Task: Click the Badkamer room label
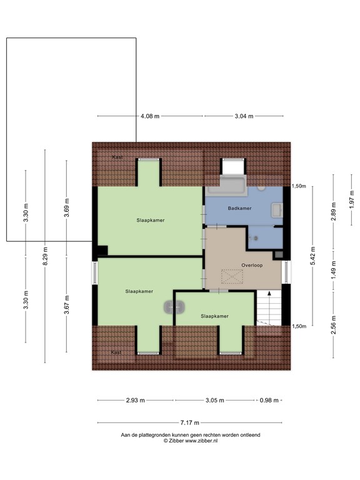tap(240, 208)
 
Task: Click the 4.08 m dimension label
tap(150, 116)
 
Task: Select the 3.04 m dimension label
tap(244, 116)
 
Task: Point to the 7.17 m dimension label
tap(190, 422)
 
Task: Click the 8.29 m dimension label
tap(46, 257)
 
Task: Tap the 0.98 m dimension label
tap(269, 400)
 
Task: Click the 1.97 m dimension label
tap(352, 199)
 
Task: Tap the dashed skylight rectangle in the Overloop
tap(232, 276)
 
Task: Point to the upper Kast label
tap(117, 157)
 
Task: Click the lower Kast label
tap(116, 352)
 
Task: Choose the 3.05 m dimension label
tap(214, 400)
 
